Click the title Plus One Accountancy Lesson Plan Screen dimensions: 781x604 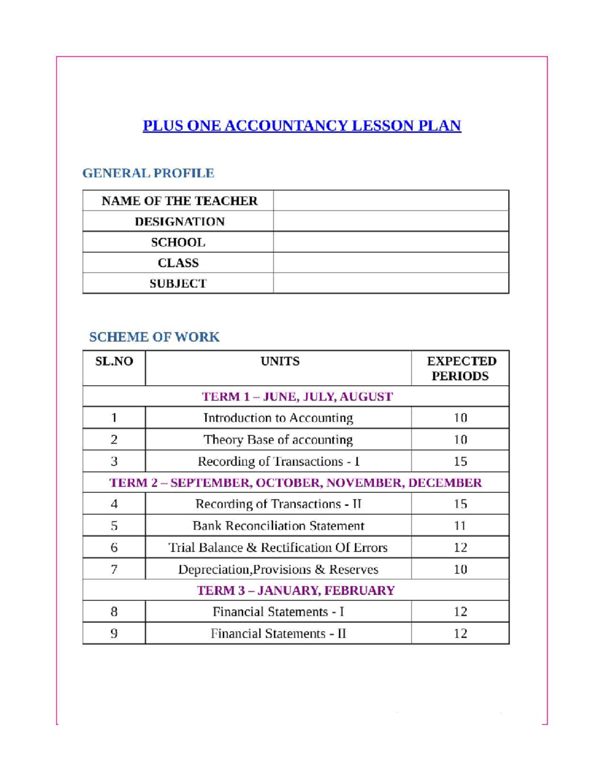[301, 125]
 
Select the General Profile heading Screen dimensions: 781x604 [148, 173]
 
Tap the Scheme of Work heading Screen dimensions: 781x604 [154, 337]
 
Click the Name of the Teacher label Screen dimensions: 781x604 [179, 201]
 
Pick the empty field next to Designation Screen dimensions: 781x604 [391, 221]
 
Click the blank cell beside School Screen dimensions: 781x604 [391, 242]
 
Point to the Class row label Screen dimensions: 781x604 [178, 263]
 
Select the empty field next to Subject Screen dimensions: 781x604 [391, 283]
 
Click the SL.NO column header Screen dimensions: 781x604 [114, 362]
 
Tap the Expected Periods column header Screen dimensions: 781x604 [461, 369]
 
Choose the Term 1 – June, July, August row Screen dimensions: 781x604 [296, 396]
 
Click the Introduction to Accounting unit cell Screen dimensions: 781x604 [278, 418]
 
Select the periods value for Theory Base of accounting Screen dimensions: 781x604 [460, 440]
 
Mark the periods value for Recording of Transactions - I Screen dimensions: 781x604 [460, 461]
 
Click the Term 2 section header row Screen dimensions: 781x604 [295, 483]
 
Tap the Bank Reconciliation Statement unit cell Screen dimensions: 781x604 [278, 526]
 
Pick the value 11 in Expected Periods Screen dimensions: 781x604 [460, 526]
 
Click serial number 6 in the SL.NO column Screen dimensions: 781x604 [114, 547]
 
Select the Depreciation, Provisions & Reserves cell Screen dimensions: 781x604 [278, 569]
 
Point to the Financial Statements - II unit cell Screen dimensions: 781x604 [278, 633]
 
